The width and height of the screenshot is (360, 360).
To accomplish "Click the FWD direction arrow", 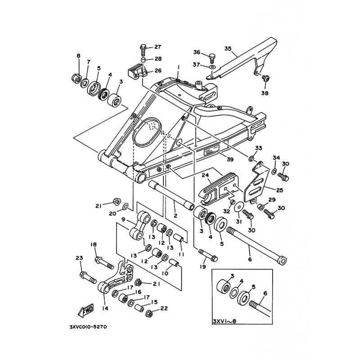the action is pos(86,311).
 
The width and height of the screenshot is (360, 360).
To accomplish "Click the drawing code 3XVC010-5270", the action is pos(88,327).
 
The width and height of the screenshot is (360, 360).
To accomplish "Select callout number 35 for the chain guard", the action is pos(228,49).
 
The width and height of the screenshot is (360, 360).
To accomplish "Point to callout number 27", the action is pos(158,47).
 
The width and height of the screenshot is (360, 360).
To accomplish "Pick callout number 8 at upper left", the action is pos(78,55).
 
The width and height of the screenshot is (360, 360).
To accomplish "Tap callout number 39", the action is pos(230,159).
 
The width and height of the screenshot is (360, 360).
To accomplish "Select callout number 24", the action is pos(205,175).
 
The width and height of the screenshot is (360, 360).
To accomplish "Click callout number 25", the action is pos(279,190).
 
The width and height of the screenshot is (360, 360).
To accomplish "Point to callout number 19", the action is pos(203,266).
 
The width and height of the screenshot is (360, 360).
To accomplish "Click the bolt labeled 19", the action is pos(208,255).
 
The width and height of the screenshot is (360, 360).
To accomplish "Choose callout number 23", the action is pos(79,258).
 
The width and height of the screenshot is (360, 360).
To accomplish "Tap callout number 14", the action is pos(105,308).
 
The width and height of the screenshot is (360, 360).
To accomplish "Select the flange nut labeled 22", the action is pos(149,314).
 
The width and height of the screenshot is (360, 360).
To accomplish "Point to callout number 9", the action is pos(123,219).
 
